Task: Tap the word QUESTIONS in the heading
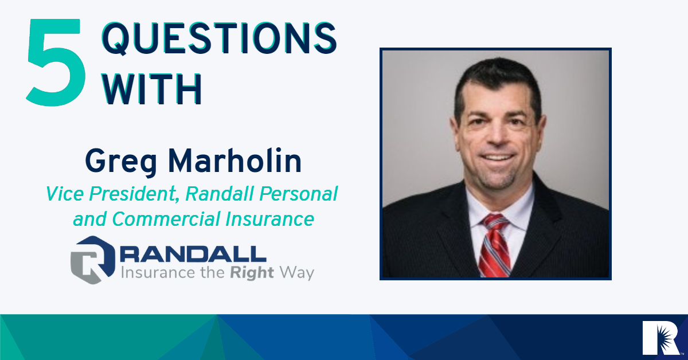pos(220,38)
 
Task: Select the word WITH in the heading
pos(152,89)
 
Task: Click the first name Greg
pos(121,162)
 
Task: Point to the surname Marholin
pos(234,161)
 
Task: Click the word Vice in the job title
pos(64,194)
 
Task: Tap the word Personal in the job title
pos(298,194)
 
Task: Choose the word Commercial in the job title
pos(166,219)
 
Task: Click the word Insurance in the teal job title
pos(269,219)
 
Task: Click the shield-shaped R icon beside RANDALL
pos(93,260)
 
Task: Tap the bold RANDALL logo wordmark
pos(193,254)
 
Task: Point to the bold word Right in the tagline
pos(252,273)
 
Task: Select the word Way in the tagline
pos(297,273)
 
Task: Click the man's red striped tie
pos(494,246)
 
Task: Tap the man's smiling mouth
pos(498,158)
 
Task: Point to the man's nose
pos(497,135)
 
